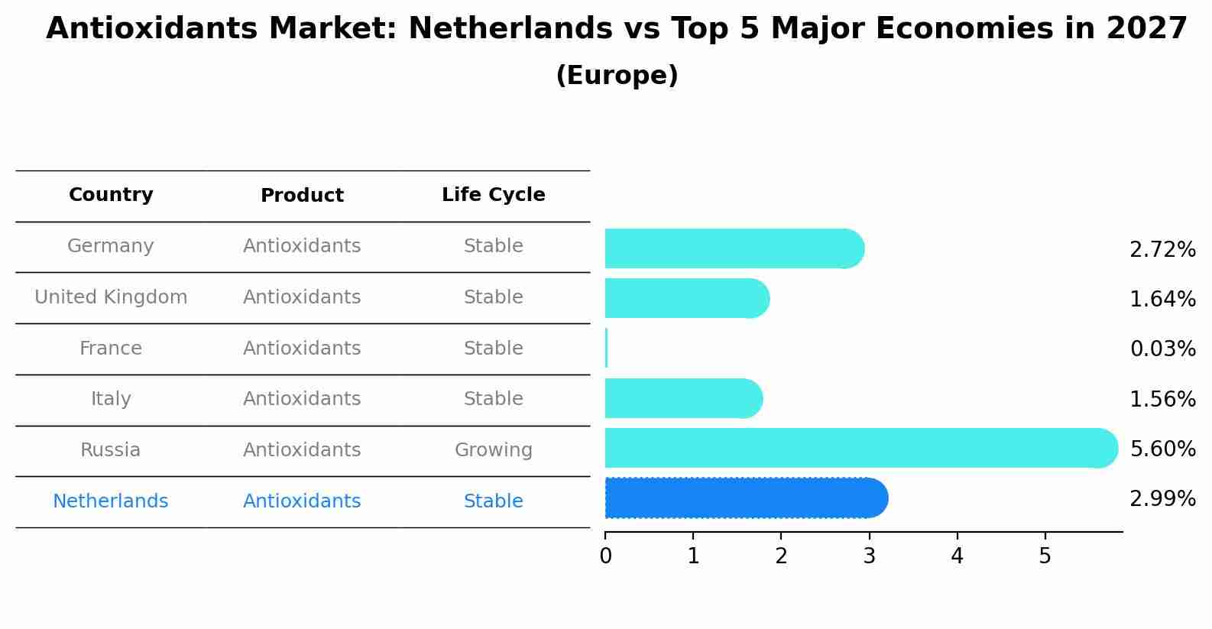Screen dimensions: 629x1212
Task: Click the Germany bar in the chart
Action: [x=734, y=248]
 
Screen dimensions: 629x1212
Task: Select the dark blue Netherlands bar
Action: [x=745, y=498]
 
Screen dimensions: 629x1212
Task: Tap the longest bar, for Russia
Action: [x=860, y=448]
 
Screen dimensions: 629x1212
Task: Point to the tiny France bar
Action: [x=606, y=349]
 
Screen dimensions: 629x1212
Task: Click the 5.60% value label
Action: [x=1162, y=449]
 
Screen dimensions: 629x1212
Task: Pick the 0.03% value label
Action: [x=1162, y=349]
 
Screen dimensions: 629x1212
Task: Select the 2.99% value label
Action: [x=1162, y=499]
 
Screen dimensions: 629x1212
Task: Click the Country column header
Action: [x=111, y=195]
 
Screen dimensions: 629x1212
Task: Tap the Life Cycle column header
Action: [x=493, y=195]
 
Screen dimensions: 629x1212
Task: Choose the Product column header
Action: [x=302, y=196]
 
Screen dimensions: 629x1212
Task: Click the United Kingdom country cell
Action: [x=111, y=297]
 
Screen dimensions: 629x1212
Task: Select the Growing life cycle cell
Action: [x=493, y=450]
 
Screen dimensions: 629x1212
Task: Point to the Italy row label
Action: [x=111, y=399]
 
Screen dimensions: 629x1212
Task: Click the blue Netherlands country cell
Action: [x=111, y=501]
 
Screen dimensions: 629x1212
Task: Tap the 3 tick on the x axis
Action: [x=869, y=556]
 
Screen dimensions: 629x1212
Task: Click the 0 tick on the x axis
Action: [x=605, y=556]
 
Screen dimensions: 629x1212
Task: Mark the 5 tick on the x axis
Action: [x=1045, y=556]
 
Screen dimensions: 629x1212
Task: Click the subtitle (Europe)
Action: [x=617, y=76]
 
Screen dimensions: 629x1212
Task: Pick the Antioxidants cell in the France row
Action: [x=302, y=349]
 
